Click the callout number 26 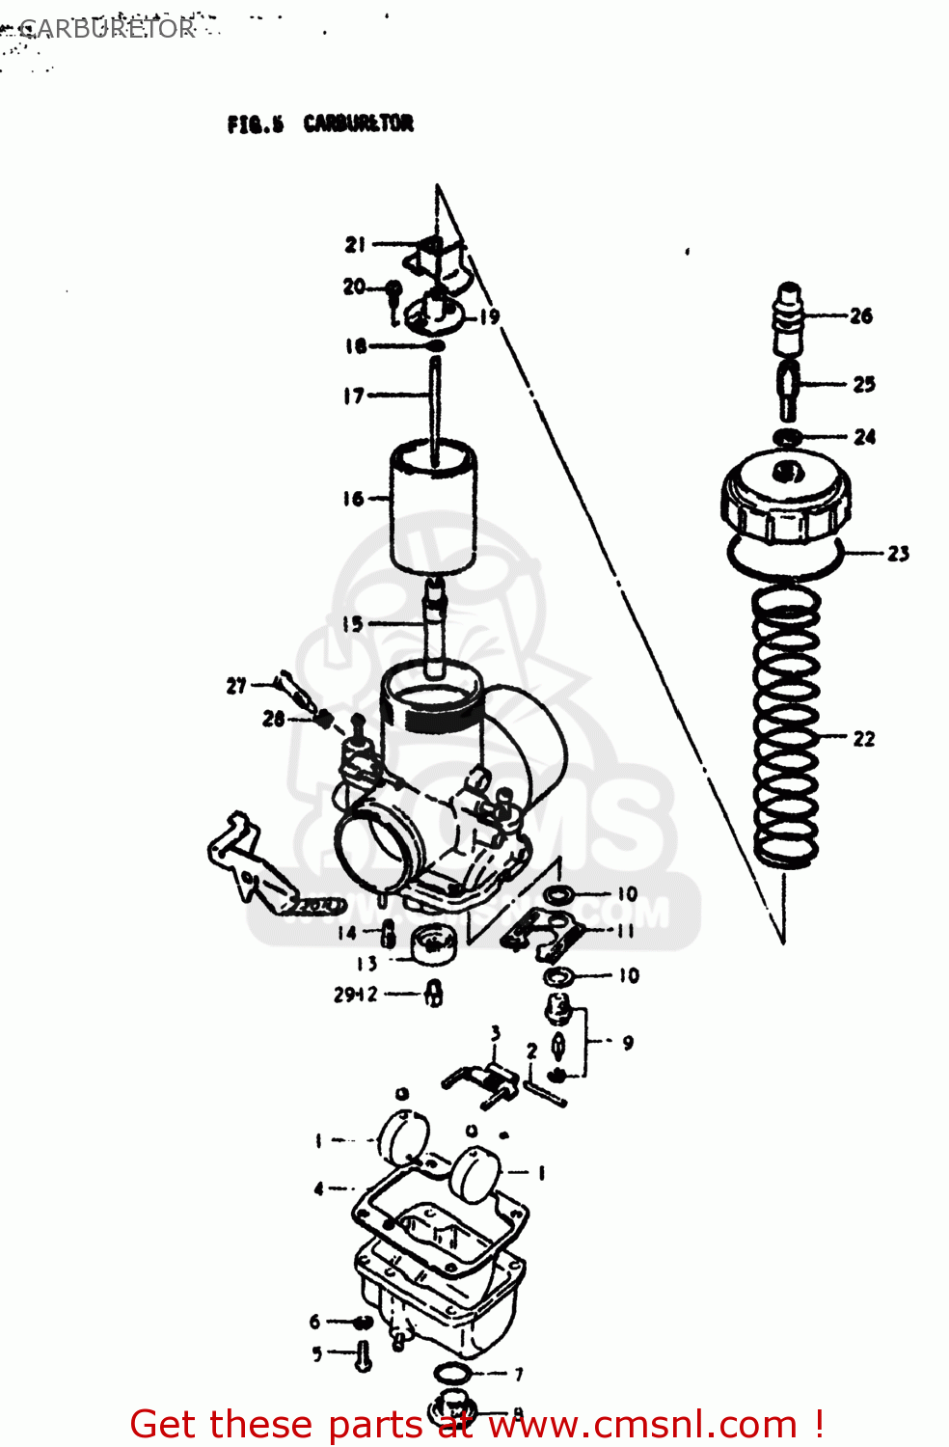pyautogui.click(x=860, y=315)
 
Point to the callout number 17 pyautogui.click(x=353, y=396)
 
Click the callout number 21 pyautogui.click(x=355, y=245)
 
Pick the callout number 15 pyautogui.click(x=352, y=624)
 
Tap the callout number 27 pyautogui.click(x=236, y=686)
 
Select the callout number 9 pyautogui.click(x=628, y=1043)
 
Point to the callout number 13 pyautogui.click(x=366, y=963)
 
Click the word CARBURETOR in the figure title pyautogui.click(x=358, y=123)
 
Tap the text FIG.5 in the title pyautogui.click(x=256, y=124)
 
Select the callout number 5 pyautogui.click(x=316, y=1354)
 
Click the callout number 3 pyautogui.click(x=495, y=1033)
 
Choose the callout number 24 pyautogui.click(x=864, y=437)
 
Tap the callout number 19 pyautogui.click(x=490, y=316)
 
